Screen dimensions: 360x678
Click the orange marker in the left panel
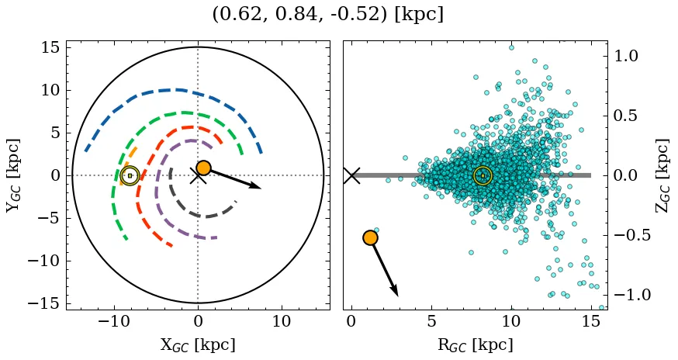pos(203,168)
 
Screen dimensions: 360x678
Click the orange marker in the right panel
pos(370,237)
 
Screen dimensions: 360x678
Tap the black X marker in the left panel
pos(198,175)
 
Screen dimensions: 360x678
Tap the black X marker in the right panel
pos(351,175)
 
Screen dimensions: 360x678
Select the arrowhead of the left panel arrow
pos(257,186)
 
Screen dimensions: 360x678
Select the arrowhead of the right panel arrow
pos(396,292)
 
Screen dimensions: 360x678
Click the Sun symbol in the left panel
pos(130,175)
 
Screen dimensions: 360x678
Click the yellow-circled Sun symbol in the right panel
pos(483,175)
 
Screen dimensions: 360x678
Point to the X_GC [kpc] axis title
pos(198,345)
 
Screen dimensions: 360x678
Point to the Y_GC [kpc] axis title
pos(13,175)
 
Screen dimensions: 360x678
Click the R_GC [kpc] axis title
pos(476,345)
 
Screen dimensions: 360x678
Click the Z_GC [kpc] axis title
pos(664,175)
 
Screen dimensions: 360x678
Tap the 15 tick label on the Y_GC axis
pos(50,48)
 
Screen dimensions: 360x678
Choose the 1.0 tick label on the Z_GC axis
pos(629,56)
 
